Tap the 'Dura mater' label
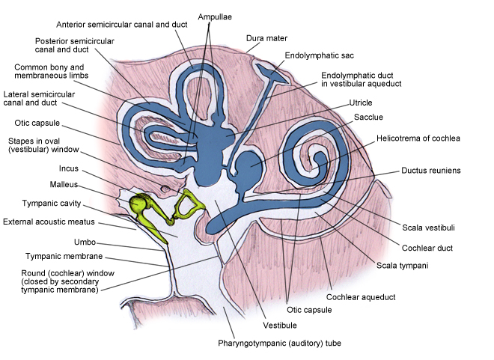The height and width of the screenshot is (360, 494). point(267,38)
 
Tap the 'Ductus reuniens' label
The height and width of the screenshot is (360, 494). point(430,171)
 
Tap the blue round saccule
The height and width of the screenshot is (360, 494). point(248,163)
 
